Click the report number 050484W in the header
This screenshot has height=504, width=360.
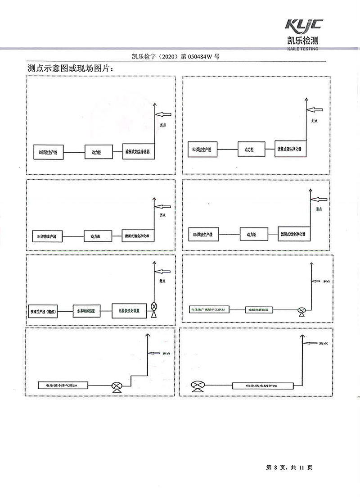(x=198, y=57)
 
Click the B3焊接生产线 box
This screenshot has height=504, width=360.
(x=202, y=149)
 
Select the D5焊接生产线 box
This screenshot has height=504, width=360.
(x=203, y=235)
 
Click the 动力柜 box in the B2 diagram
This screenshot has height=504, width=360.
(x=96, y=153)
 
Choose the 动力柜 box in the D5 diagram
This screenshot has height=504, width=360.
(x=251, y=234)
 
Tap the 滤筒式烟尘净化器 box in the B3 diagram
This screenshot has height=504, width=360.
(x=292, y=148)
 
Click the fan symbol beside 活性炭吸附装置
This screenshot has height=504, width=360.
(x=154, y=306)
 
